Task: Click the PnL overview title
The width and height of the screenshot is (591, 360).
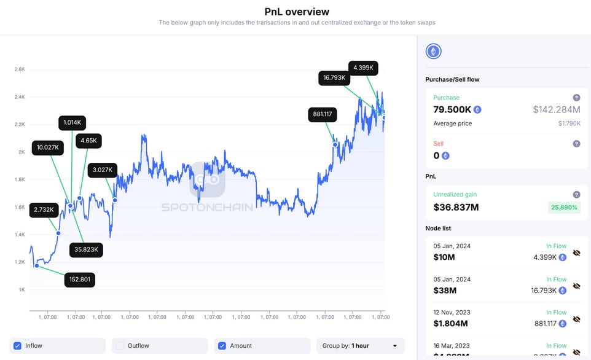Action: (297, 12)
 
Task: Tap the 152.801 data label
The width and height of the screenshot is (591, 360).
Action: (80, 280)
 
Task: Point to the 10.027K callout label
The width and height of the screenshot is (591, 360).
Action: (47, 147)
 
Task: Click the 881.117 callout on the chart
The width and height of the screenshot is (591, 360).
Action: (323, 114)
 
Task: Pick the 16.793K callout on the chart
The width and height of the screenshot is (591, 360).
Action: (334, 78)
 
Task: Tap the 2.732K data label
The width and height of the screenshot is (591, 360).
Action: (44, 209)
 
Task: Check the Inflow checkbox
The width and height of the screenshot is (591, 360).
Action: (18, 346)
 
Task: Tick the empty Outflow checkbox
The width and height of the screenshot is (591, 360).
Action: (120, 346)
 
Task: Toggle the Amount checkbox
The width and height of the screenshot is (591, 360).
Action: (222, 346)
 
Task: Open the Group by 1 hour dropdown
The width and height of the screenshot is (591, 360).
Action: (360, 346)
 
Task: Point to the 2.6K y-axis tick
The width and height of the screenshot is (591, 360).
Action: (20, 69)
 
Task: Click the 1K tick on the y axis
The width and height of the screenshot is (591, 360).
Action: (22, 289)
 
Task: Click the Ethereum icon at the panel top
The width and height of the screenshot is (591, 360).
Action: (433, 52)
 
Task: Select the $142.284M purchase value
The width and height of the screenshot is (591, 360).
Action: (556, 109)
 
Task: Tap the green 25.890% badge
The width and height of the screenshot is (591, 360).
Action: (564, 208)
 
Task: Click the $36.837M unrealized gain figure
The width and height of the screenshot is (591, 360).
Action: (456, 207)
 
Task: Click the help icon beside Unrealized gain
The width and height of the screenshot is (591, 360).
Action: (576, 194)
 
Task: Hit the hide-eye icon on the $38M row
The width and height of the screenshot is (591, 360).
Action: (576, 286)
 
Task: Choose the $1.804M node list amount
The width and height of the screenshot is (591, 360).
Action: (451, 323)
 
